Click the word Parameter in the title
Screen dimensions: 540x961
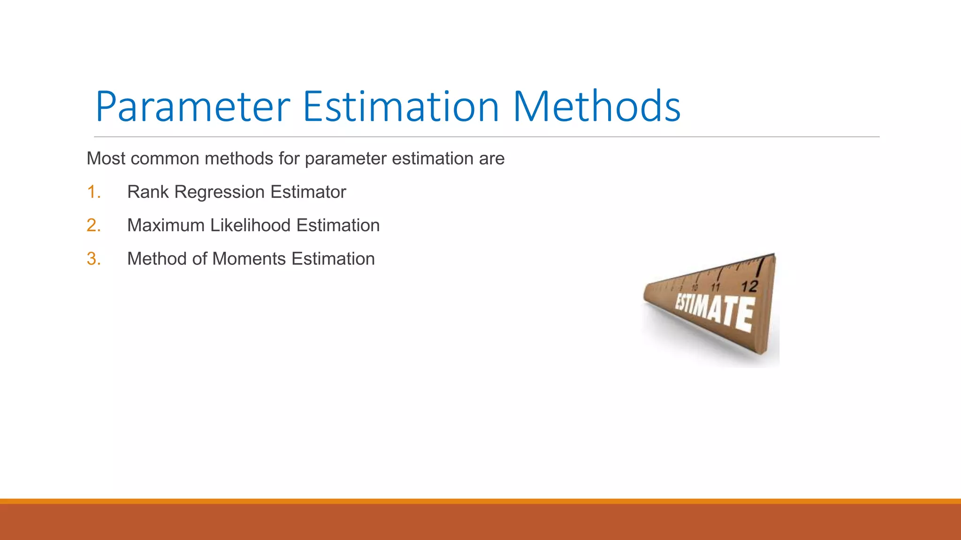click(192, 108)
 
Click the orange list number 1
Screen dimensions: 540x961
click(93, 192)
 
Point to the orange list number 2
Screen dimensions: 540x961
click(93, 225)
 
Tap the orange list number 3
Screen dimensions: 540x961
click(93, 259)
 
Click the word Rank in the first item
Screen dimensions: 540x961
click(147, 192)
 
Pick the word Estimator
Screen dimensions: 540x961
click(308, 192)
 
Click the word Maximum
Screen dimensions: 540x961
click(166, 225)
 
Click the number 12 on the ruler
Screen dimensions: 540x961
click(749, 286)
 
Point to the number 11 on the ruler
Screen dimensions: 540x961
click(716, 287)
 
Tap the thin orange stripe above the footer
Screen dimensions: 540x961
click(480, 501)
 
